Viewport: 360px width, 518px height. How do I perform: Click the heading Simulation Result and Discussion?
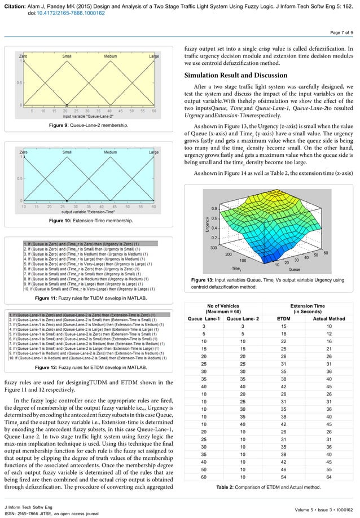click(x=239, y=76)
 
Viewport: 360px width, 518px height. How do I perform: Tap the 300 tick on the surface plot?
click(x=198, y=248)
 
